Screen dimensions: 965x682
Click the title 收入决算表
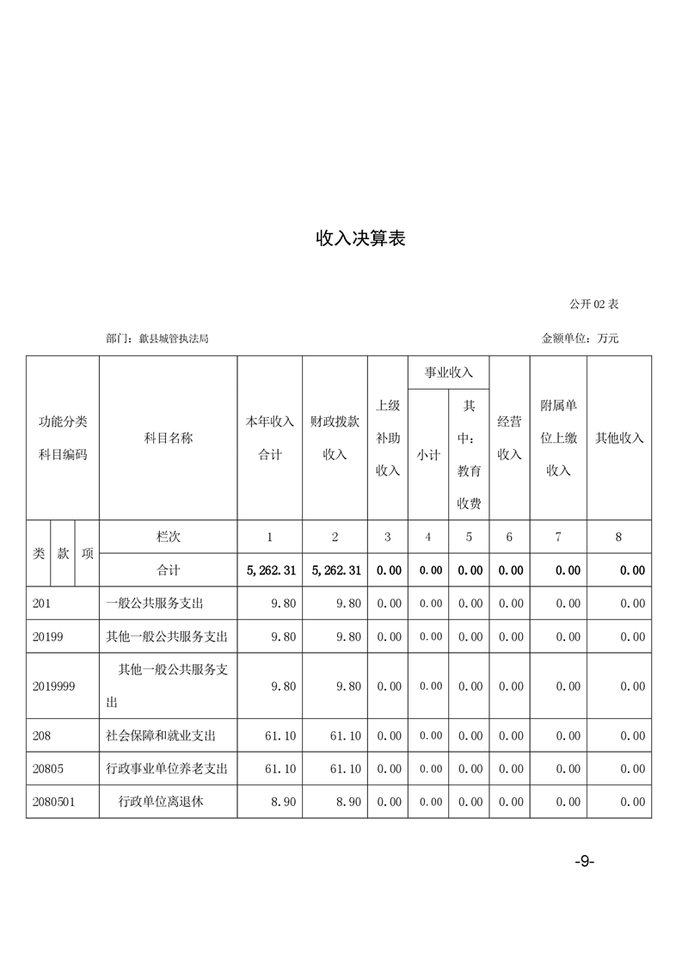(x=360, y=239)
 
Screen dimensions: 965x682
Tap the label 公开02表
(x=593, y=304)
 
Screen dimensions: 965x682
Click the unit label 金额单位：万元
(x=580, y=339)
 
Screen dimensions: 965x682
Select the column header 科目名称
(x=168, y=438)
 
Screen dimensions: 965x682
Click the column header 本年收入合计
(x=270, y=438)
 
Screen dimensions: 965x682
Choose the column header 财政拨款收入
(x=335, y=438)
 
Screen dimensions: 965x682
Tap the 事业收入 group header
(x=449, y=372)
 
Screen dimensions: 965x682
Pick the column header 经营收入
(x=509, y=438)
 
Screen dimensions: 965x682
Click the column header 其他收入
(x=619, y=438)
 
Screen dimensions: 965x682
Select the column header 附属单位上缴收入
(x=558, y=438)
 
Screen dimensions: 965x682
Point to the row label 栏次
(x=168, y=537)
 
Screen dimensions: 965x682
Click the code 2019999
(x=53, y=686)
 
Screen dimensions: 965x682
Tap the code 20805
(x=48, y=769)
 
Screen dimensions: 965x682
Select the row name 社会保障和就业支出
(x=161, y=736)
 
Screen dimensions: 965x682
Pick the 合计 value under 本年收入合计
(x=271, y=570)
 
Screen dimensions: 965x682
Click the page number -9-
(x=585, y=863)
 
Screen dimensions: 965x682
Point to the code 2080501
(x=53, y=802)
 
